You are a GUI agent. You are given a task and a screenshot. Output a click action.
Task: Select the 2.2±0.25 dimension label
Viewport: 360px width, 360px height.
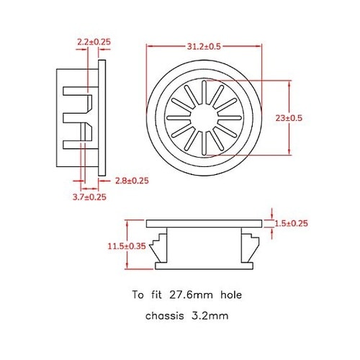click(94, 42)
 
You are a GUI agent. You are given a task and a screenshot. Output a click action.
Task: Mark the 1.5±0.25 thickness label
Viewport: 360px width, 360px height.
click(292, 223)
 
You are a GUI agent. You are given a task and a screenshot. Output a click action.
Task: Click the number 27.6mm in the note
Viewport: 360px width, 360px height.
click(191, 294)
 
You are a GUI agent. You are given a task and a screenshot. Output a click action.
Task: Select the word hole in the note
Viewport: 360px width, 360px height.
click(229, 294)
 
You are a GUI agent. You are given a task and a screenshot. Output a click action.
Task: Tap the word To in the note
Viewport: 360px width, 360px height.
click(138, 294)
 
